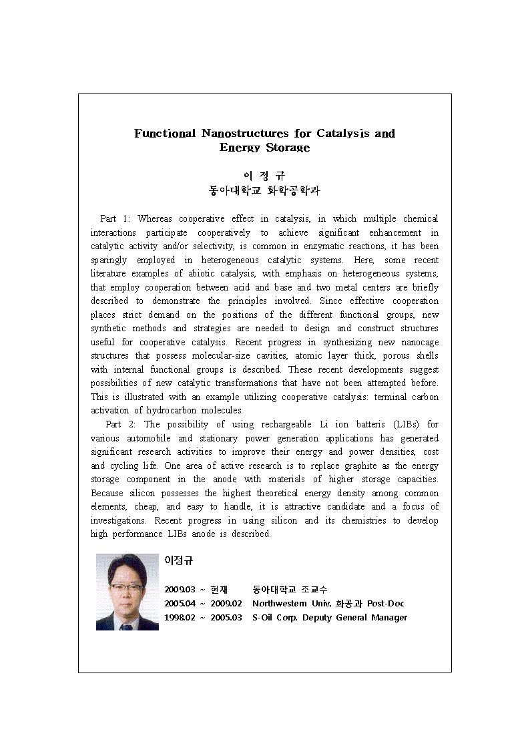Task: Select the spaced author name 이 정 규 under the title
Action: pyautogui.click(x=264, y=176)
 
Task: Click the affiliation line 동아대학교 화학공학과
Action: pyautogui.click(x=264, y=190)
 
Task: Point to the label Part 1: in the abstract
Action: pyautogui.click(x=116, y=219)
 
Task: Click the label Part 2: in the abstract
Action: pyautogui.click(x=122, y=424)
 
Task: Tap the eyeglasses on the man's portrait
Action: pyautogui.click(x=127, y=587)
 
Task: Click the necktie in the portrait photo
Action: pyautogui.click(x=126, y=626)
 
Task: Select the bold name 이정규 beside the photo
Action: pyautogui.click(x=178, y=561)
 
